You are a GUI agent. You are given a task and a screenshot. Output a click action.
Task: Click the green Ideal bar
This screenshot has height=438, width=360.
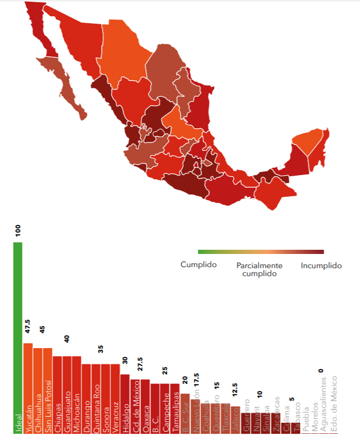(x=18, y=337)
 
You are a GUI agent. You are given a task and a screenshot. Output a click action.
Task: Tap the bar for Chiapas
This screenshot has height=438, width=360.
(x=57, y=394)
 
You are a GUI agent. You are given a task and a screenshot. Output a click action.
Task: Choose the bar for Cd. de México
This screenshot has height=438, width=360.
(x=135, y=405)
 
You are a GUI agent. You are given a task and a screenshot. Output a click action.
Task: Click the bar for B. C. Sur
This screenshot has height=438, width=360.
(x=185, y=413)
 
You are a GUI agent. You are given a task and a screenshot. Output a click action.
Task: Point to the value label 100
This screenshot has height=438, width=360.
(x=18, y=231)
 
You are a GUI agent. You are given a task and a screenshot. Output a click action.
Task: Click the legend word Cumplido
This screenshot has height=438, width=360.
(x=198, y=265)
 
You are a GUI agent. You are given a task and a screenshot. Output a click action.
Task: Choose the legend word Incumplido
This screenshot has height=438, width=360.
(x=321, y=266)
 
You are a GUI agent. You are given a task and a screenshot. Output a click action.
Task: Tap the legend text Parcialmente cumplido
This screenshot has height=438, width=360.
(x=259, y=269)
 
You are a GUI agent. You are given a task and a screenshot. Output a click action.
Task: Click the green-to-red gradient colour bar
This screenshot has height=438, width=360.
(x=261, y=252)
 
